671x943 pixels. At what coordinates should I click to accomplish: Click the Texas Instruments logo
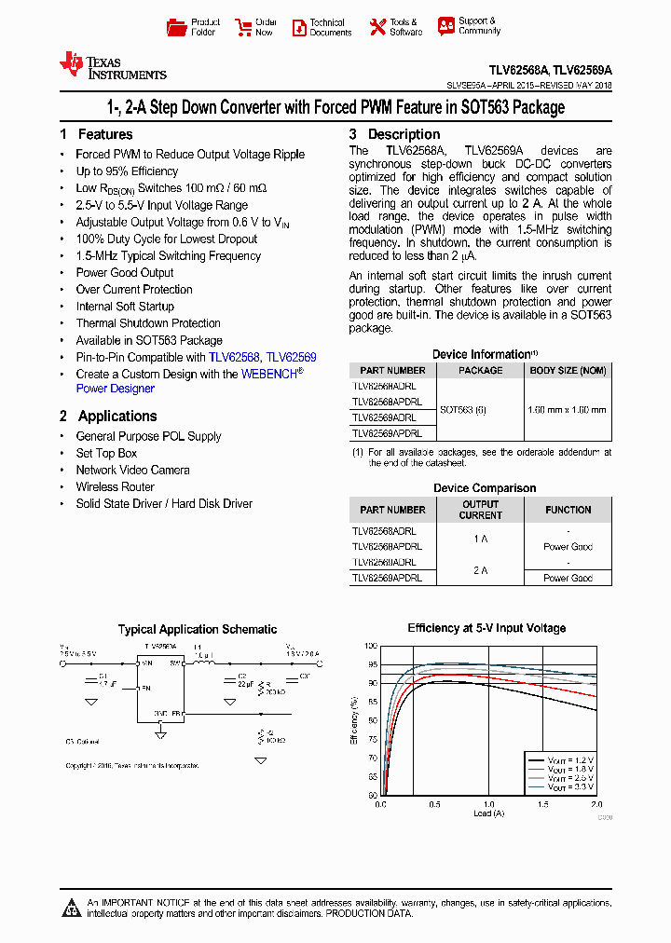112,65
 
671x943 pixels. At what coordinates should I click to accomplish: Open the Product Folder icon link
176,27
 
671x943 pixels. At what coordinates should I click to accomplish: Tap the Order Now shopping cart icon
243,27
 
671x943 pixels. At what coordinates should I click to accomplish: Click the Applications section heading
116,416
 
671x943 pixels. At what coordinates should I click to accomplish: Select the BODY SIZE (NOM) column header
567,370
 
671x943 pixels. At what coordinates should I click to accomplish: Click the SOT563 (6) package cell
462,409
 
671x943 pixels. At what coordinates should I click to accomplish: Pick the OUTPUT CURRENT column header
480,510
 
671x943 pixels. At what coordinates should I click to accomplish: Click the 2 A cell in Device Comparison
480,570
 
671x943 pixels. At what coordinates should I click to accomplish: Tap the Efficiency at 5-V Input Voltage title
486,628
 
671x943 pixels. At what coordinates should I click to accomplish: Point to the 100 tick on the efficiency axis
370,646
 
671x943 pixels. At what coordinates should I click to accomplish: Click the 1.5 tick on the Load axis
541,803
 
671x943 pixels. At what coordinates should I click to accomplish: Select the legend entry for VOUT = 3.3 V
559,787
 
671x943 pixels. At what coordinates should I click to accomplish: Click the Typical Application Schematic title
197,629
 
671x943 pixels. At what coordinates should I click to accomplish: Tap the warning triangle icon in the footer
73,907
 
